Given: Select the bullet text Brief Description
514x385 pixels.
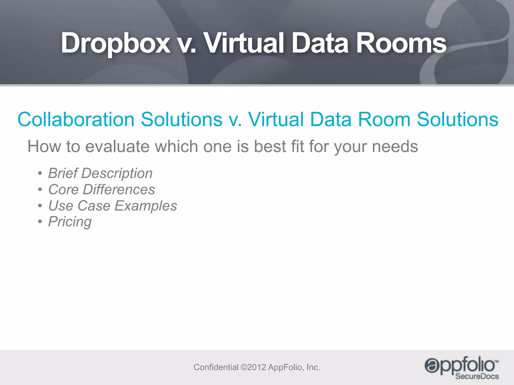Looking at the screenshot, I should tap(100, 173).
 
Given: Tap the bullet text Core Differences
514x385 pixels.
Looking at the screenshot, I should tap(101, 189).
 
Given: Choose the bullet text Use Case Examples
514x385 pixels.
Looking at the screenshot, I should tap(112, 206).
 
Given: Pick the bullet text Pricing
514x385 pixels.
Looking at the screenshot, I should tap(70, 222).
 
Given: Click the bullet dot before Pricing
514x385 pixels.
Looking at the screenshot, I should tap(40, 222).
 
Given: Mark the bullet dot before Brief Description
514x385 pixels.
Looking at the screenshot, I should tap(40, 173).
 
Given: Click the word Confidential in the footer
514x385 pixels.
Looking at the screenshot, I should tap(216, 367).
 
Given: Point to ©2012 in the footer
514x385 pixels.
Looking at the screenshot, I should tap(253, 367).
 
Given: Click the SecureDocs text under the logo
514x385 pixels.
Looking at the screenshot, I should tap(477, 376).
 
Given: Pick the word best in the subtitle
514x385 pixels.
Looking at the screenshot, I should tap(270, 147).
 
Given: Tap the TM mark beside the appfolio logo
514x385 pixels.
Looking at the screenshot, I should tap(496, 361).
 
